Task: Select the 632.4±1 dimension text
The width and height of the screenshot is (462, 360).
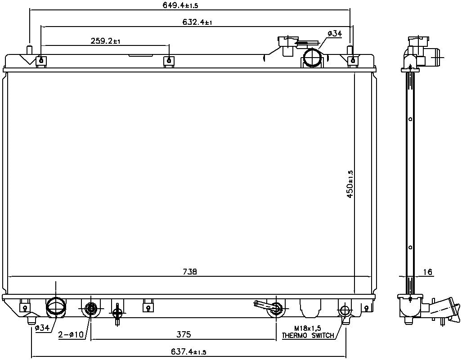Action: [197, 22]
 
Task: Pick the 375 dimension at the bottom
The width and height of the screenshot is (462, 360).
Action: [184, 334]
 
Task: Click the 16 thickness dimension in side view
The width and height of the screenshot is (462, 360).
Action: [427, 272]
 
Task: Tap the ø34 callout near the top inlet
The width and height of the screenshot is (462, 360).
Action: [335, 34]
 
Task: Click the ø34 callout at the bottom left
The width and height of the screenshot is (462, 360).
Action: [42, 328]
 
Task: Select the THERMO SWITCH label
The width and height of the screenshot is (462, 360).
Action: [308, 336]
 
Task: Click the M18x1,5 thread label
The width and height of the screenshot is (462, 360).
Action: [308, 329]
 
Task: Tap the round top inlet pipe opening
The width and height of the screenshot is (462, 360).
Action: [311, 58]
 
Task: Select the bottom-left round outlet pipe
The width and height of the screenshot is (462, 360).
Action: [57, 307]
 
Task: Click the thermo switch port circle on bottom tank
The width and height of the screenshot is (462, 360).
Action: [345, 310]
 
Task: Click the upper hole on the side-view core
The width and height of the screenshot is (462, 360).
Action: [410, 120]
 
